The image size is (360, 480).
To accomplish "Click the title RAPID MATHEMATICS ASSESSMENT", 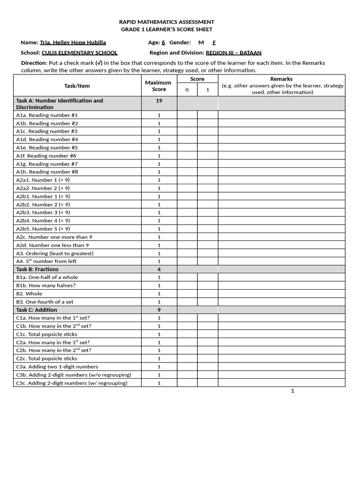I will click(x=166, y=22).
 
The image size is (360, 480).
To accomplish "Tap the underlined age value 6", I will click(x=163, y=42).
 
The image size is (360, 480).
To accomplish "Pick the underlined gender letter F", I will click(x=214, y=42).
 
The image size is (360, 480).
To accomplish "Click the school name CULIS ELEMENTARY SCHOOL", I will click(x=80, y=53).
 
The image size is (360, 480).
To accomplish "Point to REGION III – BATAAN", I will click(x=234, y=53).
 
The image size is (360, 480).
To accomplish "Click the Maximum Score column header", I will click(x=159, y=86).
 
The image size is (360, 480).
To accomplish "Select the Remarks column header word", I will click(x=281, y=79).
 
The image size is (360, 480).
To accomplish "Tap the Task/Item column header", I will click(x=77, y=86).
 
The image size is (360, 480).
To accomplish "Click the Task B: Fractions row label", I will click(x=37, y=269).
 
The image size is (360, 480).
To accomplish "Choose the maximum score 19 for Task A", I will click(x=159, y=101).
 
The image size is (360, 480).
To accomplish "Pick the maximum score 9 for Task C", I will click(x=159, y=310).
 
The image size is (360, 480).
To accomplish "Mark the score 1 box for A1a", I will click(x=207, y=115).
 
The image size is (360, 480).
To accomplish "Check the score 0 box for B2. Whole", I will click(x=187, y=294).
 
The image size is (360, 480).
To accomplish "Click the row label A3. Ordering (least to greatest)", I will click(x=55, y=253).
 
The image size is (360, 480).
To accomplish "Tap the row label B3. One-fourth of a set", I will click(x=45, y=302).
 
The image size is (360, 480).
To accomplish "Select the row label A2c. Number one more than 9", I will click(x=54, y=237).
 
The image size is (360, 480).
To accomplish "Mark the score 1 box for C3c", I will click(x=207, y=383).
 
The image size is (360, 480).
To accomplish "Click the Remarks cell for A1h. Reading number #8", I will click(x=281, y=172).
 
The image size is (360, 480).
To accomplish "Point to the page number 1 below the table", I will click(x=292, y=391).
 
